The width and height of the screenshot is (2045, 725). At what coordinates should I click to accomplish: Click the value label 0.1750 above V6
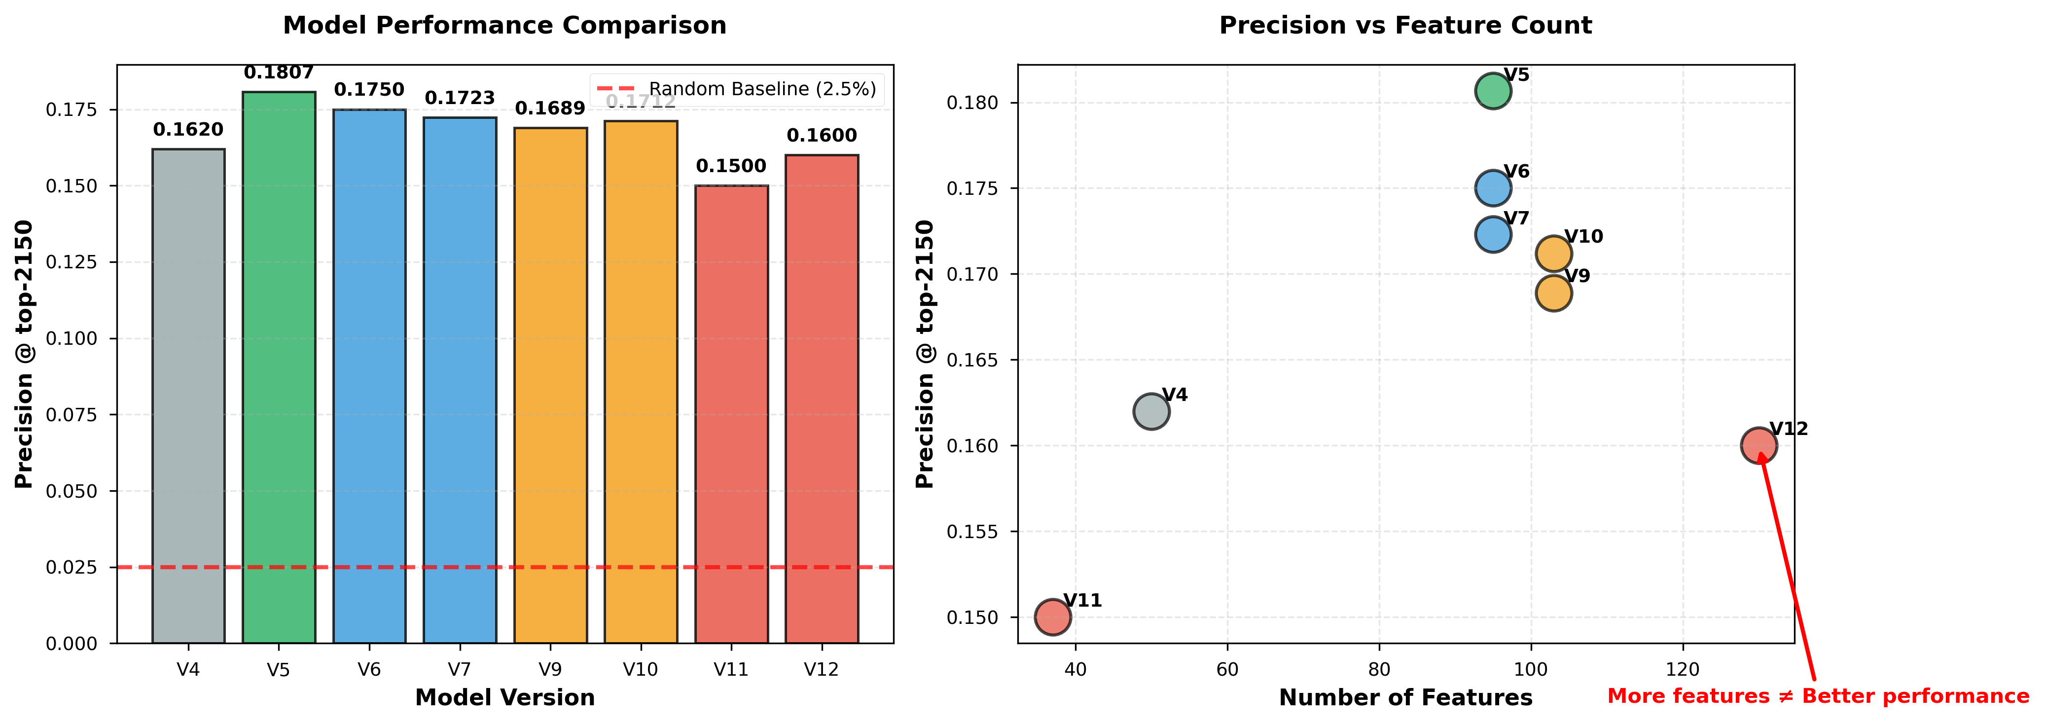(x=369, y=90)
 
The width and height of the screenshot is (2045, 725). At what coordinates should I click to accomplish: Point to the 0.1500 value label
(x=731, y=166)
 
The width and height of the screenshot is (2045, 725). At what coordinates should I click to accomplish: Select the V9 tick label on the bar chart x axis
(x=550, y=669)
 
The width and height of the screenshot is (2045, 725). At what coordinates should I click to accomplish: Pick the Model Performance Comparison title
(x=505, y=26)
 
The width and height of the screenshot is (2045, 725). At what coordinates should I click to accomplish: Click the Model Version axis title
(x=505, y=698)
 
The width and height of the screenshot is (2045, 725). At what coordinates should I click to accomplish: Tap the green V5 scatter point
(x=1493, y=91)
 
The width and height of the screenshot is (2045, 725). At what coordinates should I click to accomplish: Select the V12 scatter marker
(x=1758, y=445)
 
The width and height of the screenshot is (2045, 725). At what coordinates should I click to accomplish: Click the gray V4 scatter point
(x=1151, y=411)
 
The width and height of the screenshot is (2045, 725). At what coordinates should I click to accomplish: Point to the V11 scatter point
(x=1053, y=617)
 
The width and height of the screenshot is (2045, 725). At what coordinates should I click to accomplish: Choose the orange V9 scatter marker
(x=1553, y=293)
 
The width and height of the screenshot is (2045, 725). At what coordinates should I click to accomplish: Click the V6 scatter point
(x=1493, y=188)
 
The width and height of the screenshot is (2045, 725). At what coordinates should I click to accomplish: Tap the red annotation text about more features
(x=1818, y=696)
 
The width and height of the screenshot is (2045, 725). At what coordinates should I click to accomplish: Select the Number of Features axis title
(x=1405, y=698)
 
